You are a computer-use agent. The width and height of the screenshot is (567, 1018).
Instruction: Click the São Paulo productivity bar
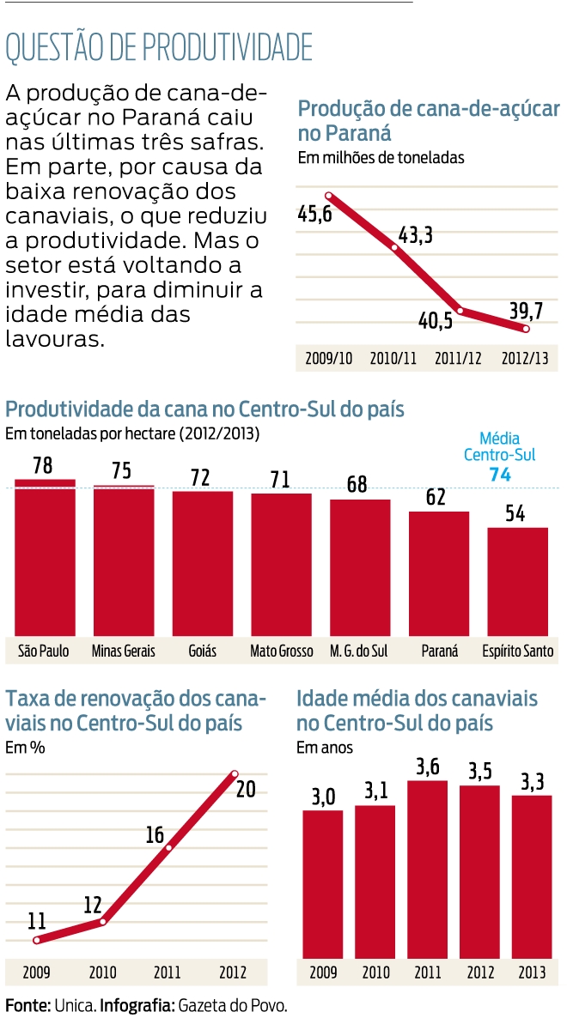click(45, 558)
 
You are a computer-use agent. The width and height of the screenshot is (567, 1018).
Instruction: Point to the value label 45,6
click(314, 215)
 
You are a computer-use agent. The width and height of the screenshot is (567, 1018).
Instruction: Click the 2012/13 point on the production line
click(527, 330)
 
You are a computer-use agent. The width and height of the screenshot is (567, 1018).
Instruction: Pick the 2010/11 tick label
click(394, 359)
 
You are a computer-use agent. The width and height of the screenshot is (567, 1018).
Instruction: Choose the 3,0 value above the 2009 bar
click(322, 797)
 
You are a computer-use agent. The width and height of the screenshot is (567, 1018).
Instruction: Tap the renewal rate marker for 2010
click(102, 922)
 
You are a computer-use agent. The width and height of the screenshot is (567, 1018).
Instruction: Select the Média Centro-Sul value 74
click(500, 475)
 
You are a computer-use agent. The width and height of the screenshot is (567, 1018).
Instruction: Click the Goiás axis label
click(202, 651)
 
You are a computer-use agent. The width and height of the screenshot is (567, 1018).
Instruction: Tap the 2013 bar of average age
click(532, 876)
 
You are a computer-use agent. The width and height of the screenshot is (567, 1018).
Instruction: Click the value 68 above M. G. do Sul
click(357, 485)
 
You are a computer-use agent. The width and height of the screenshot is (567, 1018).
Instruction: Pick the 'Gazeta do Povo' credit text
click(232, 1005)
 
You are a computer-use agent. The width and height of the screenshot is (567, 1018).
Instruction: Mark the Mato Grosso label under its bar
click(282, 651)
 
